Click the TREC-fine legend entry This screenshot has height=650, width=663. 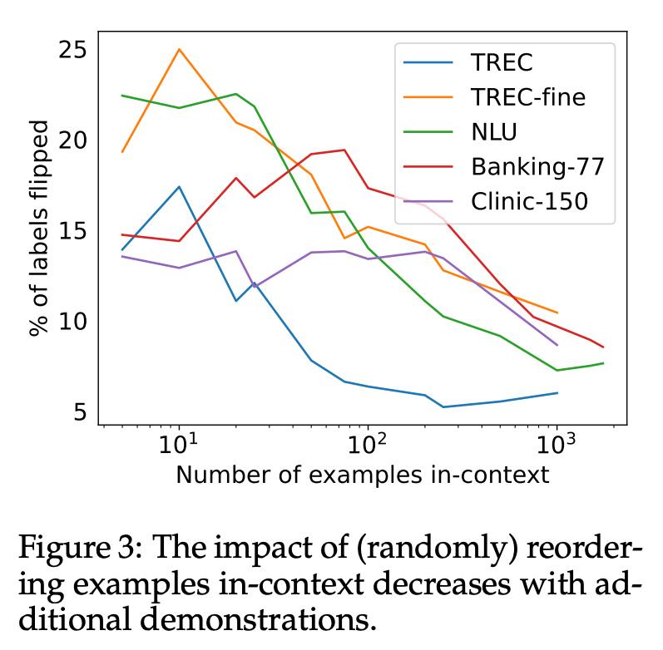click(x=527, y=97)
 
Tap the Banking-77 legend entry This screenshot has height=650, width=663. click(x=537, y=166)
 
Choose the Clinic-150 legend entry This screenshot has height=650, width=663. click(x=529, y=200)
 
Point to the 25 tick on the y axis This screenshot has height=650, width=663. click(x=74, y=50)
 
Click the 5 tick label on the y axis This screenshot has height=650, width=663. click(x=81, y=412)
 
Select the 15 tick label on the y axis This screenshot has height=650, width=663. click(x=74, y=231)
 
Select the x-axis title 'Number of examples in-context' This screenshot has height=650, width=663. click(x=362, y=475)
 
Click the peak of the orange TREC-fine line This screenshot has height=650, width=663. click(x=179, y=49)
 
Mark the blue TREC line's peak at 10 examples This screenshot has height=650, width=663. click(x=179, y=186)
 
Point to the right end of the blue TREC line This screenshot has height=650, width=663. click(x=557, y=392)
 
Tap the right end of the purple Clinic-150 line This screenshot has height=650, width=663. click(x=557, y=344)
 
